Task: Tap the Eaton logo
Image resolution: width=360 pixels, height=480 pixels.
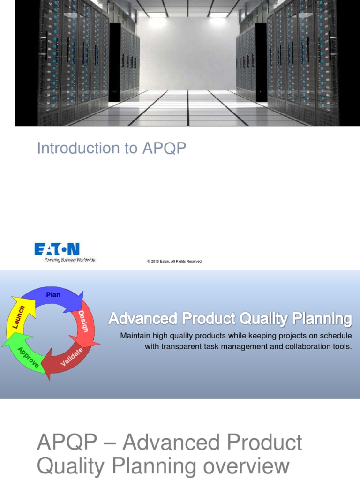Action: [57, 249]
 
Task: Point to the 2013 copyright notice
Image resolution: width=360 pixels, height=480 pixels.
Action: [174, 261]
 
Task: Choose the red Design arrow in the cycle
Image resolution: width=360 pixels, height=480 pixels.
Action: [84, 323]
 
